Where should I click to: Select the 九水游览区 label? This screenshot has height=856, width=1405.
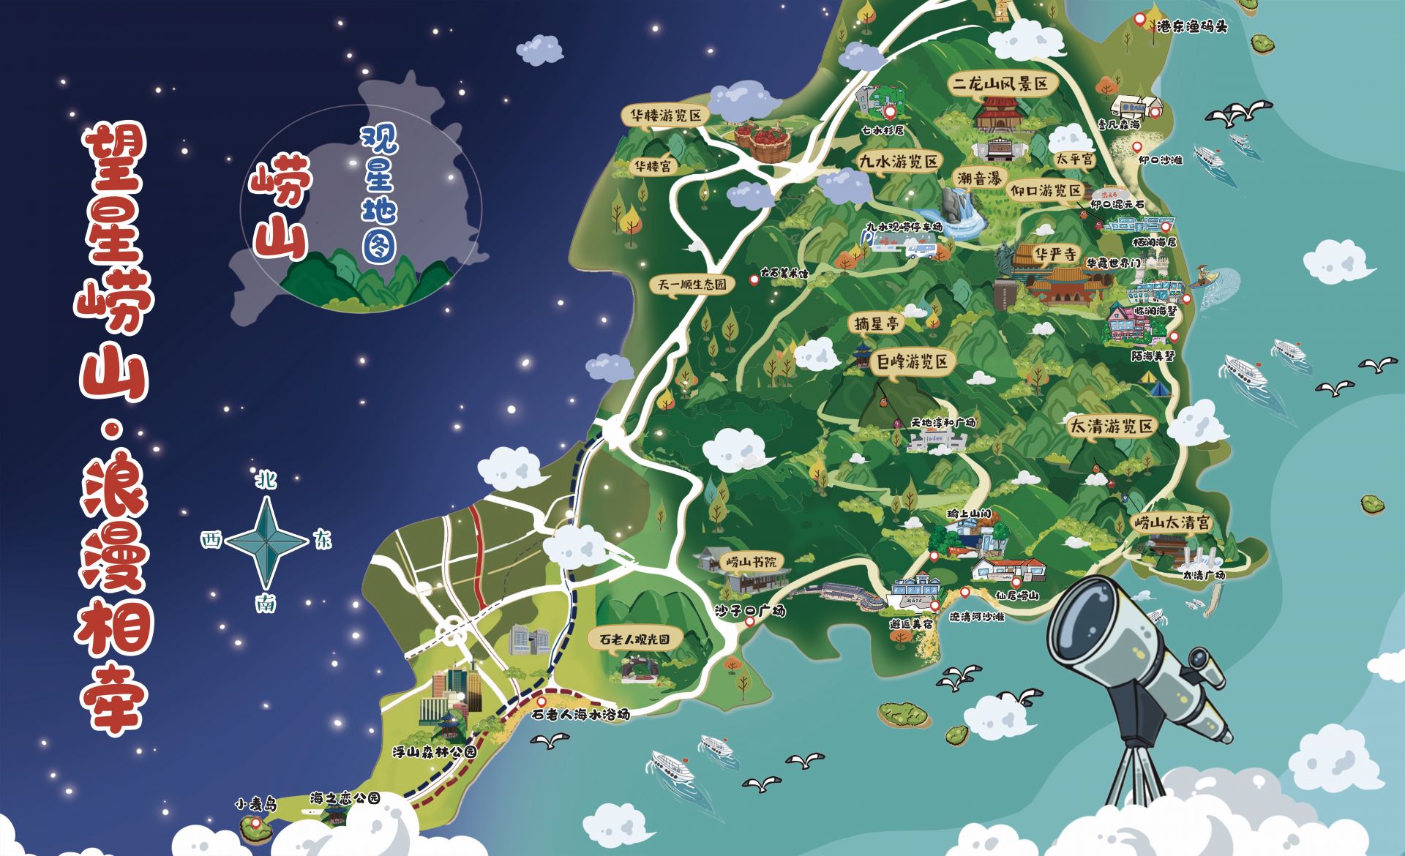tap(899, 162)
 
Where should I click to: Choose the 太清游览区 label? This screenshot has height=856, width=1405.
tap(1111, 427)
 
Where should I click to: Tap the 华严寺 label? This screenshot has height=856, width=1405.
tap(1054, 255)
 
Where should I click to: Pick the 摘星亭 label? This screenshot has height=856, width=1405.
tap(876, 323)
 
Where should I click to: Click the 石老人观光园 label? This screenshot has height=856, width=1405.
tap(634, 639)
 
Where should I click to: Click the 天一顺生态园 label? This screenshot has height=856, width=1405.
tap(692, 285)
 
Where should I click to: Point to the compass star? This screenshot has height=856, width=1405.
tap(266, 541)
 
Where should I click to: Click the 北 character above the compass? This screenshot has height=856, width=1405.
tap(264, 480)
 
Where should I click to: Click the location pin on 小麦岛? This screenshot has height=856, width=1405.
tap(256, 824)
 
